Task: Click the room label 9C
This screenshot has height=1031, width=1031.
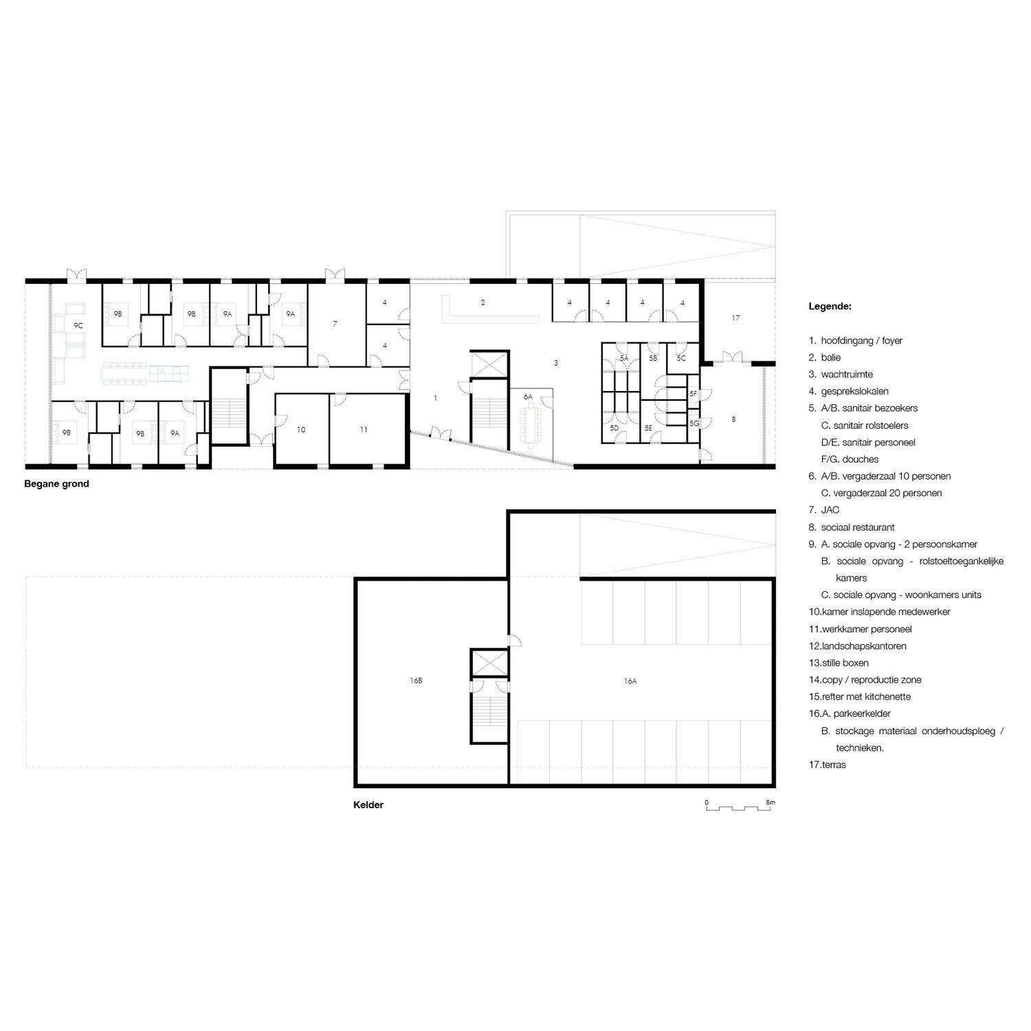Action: tap(78, 326)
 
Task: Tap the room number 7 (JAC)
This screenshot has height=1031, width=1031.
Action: tap(335, 323)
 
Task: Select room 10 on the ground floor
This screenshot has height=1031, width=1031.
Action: tap(301, 430)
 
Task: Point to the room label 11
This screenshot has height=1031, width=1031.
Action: tap(364, 430)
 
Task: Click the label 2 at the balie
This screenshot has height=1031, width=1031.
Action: tap(483, 302)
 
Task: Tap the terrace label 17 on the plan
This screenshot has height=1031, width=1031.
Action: tap(735, 318)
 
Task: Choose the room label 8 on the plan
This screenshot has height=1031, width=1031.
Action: tap(733, 419)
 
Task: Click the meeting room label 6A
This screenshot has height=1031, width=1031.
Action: tap(528, 397)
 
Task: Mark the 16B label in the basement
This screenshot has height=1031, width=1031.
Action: tap(416, 680)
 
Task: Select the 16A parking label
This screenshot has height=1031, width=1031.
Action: tap(630, 681)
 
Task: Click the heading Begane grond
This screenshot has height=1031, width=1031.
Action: tap(56, 484)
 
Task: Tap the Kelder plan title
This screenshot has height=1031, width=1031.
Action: tap(368, 805)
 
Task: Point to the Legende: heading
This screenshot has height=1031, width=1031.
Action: tap(830, 307)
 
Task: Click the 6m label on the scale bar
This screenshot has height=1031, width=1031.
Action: tap(771, 802)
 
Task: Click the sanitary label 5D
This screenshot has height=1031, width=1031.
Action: tap(614, 428)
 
